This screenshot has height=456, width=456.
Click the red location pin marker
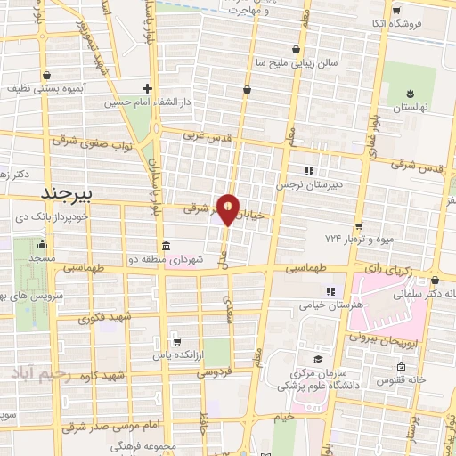coord(228,209)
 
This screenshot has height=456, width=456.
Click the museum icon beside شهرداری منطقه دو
coord(166,247)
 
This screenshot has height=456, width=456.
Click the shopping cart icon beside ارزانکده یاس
coord(176,341)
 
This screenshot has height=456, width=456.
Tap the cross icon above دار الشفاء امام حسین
coord(148,89)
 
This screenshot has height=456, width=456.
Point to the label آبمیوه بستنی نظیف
coord(44,89)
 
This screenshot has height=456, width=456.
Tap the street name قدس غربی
coord(207,138)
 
